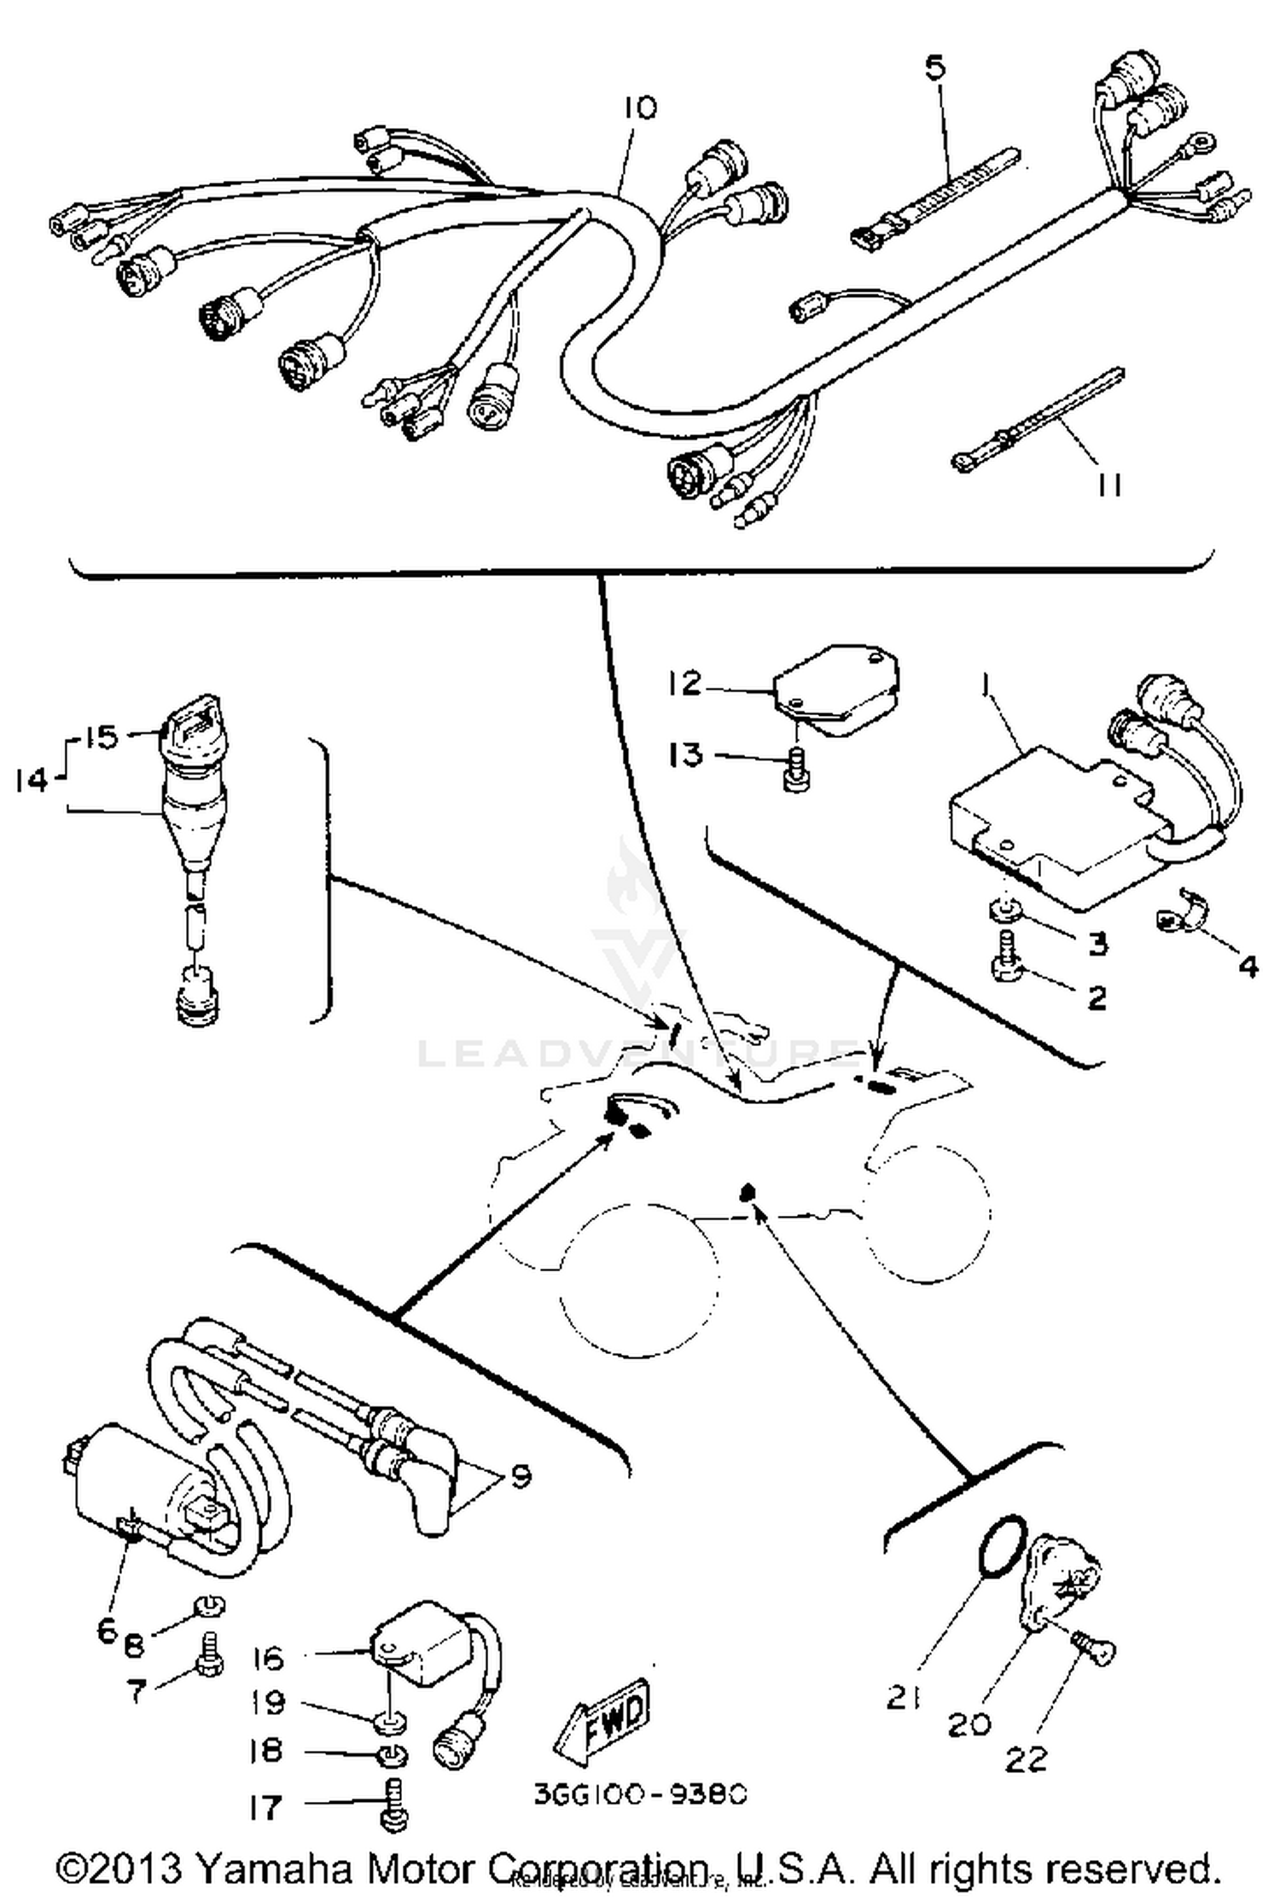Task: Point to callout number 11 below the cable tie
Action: pos(1108,485)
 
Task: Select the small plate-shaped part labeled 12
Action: pos(836,687)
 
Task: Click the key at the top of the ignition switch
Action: pos(185,729)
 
